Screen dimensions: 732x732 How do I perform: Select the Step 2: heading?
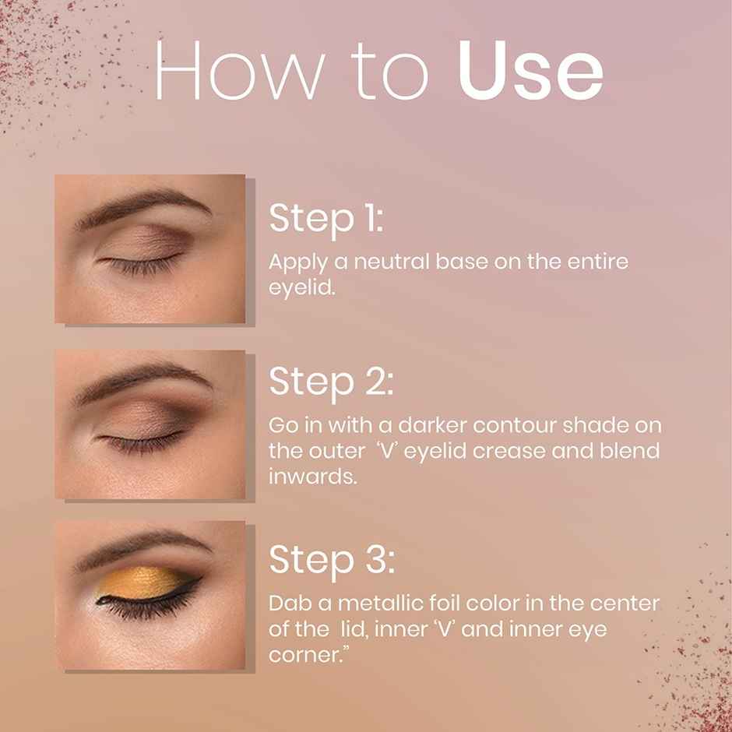point(331,381)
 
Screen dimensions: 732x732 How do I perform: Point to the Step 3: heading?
point(332,559)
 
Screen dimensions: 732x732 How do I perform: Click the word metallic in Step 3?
point(357,604)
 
